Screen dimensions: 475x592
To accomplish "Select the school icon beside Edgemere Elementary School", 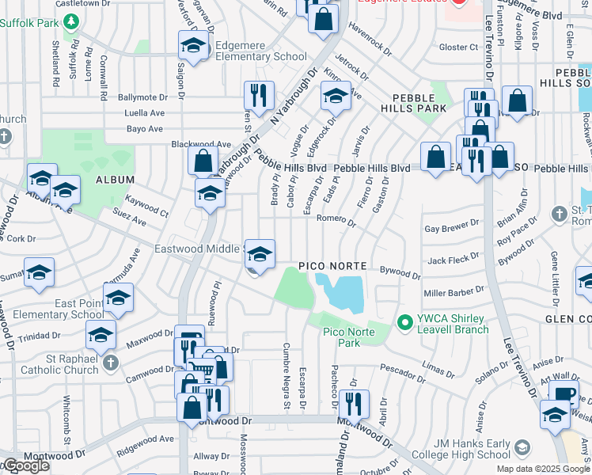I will click(x=192, y=46).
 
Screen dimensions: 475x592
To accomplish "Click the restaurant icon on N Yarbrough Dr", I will click(x=258, y=97).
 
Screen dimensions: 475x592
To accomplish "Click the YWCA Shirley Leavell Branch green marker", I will click(x=405, y=322).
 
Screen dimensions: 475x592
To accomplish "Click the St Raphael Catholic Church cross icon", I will click(x=111, y=363).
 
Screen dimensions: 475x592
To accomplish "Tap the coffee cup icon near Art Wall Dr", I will click(x=564, y=393).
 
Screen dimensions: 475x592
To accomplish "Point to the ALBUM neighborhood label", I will click(x=110, y=180).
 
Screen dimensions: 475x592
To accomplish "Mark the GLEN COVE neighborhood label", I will click(x=567, y=318).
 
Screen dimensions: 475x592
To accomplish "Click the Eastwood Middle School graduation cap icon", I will click(x=260, y=254).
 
